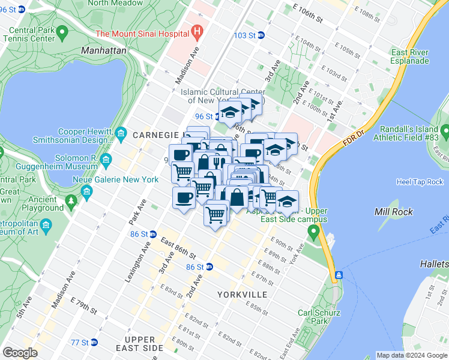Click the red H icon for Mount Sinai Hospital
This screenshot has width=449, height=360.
pyautogui.click(x=196, y=30)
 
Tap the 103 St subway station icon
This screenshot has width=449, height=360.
pyautogui.click(x=261, y=35)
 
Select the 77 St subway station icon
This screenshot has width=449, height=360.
pyautogui.click(x=93, y=343)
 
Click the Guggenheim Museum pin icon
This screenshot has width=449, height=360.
pyautogui.click(x=106, y=160)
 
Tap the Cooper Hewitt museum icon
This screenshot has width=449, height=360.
pyautogui.click(x=121, y=132)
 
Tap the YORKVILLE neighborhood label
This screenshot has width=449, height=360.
pyautogui.click(x=243, y=295)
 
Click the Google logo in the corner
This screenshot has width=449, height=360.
pyautogui.click(x=20, y=352)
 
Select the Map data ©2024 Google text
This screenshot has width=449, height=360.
pyautogui.click(x=411, y=355)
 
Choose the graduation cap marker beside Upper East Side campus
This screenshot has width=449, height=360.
pyautogui.click(x=287, y=202)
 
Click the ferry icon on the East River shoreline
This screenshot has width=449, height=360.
pyautogui.click(x=339, y=275)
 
